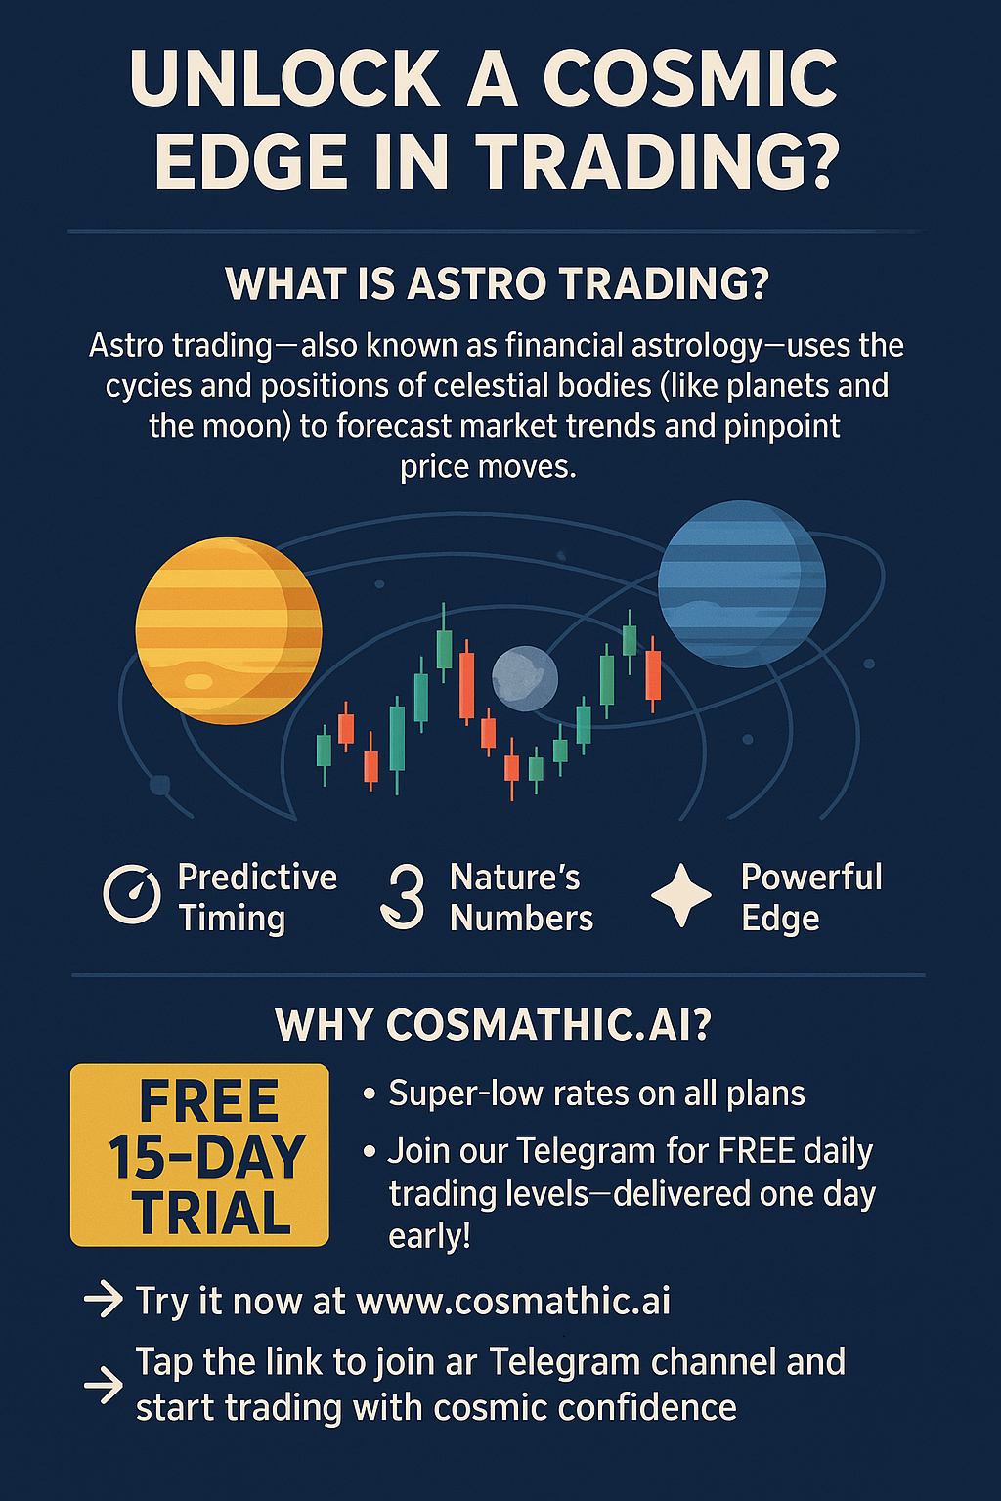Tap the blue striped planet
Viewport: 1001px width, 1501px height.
pyautogui.click(x=742, y=584)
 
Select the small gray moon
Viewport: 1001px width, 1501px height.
pyautogui.click(x=524, y=678)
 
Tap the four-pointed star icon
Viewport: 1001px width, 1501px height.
pyautogui.click(x=681, y=895)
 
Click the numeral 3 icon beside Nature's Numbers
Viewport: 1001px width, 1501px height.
pyautogui.click(x=403, y=897)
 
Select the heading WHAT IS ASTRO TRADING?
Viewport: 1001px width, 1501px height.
pyautogui.click(x=497, y=284)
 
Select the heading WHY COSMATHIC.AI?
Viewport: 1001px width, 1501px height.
pyautogui.click(x=493, y=1024)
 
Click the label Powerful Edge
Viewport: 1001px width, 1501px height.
pyautogui.click(x=811, y=896)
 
